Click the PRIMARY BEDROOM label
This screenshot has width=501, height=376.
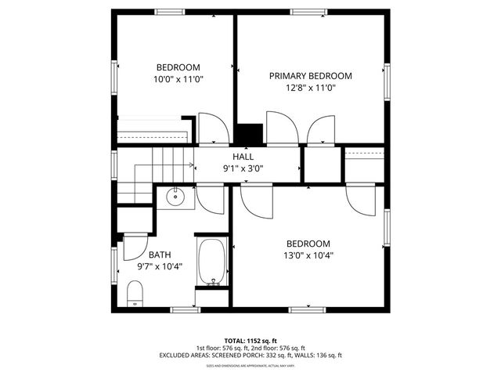(x=310, y=76)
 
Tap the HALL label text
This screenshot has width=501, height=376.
(x=243, y=157)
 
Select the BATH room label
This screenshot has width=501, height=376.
(x=160, y=255)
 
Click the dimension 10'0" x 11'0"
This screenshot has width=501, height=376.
(x=178, y=79)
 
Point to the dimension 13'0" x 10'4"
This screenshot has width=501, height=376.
(x=308, y=255)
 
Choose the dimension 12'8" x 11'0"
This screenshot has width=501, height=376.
(x=310, y=88)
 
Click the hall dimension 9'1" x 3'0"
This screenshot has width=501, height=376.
(x=243, y=168)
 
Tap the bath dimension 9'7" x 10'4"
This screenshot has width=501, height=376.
(x=160, y=266)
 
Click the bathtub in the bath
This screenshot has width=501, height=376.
(x=211, y=262)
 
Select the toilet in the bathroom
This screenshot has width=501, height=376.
(x=135, y=294)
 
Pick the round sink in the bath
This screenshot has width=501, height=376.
(x=176, y=197)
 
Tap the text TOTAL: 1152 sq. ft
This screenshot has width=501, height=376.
(x=250, y=341)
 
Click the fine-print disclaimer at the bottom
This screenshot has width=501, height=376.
(x=250, y=366)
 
